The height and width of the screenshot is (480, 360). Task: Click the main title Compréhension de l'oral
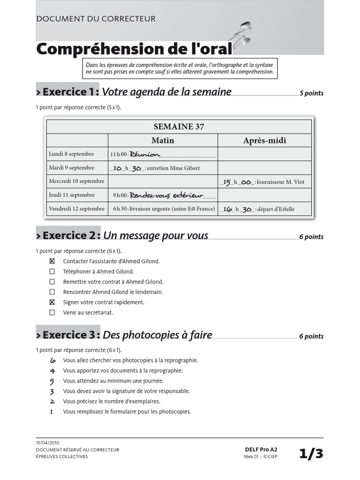134,49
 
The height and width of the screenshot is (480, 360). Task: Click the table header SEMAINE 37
179,127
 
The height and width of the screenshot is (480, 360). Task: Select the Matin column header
163,140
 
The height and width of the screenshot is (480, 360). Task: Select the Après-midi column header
264,140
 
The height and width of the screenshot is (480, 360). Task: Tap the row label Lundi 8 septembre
71,154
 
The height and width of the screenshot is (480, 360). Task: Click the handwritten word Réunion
145,154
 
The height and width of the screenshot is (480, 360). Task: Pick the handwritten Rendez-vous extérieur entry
166,195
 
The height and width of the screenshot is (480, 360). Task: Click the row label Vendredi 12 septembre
77,209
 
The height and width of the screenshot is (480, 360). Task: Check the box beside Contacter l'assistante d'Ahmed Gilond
52,261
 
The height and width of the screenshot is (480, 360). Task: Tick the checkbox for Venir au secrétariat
52,312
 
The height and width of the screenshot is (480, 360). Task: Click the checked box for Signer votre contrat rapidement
52,302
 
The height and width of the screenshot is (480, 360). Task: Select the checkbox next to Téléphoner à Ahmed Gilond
52,271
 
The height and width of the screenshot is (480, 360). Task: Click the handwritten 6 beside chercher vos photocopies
52,360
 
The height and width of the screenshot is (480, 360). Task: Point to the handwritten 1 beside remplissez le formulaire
52,412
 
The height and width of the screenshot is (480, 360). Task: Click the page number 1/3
311,453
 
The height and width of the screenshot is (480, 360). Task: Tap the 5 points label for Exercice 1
311,93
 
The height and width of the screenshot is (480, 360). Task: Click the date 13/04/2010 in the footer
47,442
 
